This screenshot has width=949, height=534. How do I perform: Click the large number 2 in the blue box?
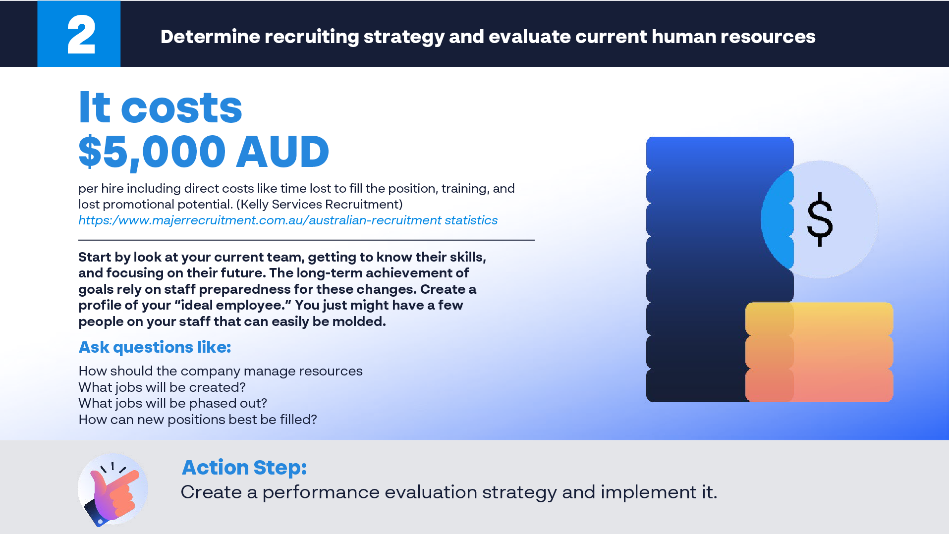[x=81, y=35]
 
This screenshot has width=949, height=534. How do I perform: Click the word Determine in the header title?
[x=210, y=37]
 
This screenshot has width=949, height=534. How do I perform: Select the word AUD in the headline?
[x=282, y=152]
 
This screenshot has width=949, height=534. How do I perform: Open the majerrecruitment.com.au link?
[x=288, y=220]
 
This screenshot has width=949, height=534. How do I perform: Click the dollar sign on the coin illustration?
[x=820, y=219]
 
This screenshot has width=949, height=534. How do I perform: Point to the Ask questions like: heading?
[x=155, y=347]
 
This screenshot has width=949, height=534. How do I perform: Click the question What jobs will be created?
[x=162, y=387]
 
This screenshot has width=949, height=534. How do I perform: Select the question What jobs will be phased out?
[x=172, y=403]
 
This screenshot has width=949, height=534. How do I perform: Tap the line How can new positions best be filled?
[x=197, y=420]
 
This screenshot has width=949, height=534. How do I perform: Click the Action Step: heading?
[x=244, y=468]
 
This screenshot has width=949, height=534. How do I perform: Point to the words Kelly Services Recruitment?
[x=322, y=205]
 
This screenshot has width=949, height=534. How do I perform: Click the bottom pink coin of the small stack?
[x=819, y=385]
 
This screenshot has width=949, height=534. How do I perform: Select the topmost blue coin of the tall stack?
[x=720, y=153]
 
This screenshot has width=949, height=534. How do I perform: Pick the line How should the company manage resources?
[x=221, y=371]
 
